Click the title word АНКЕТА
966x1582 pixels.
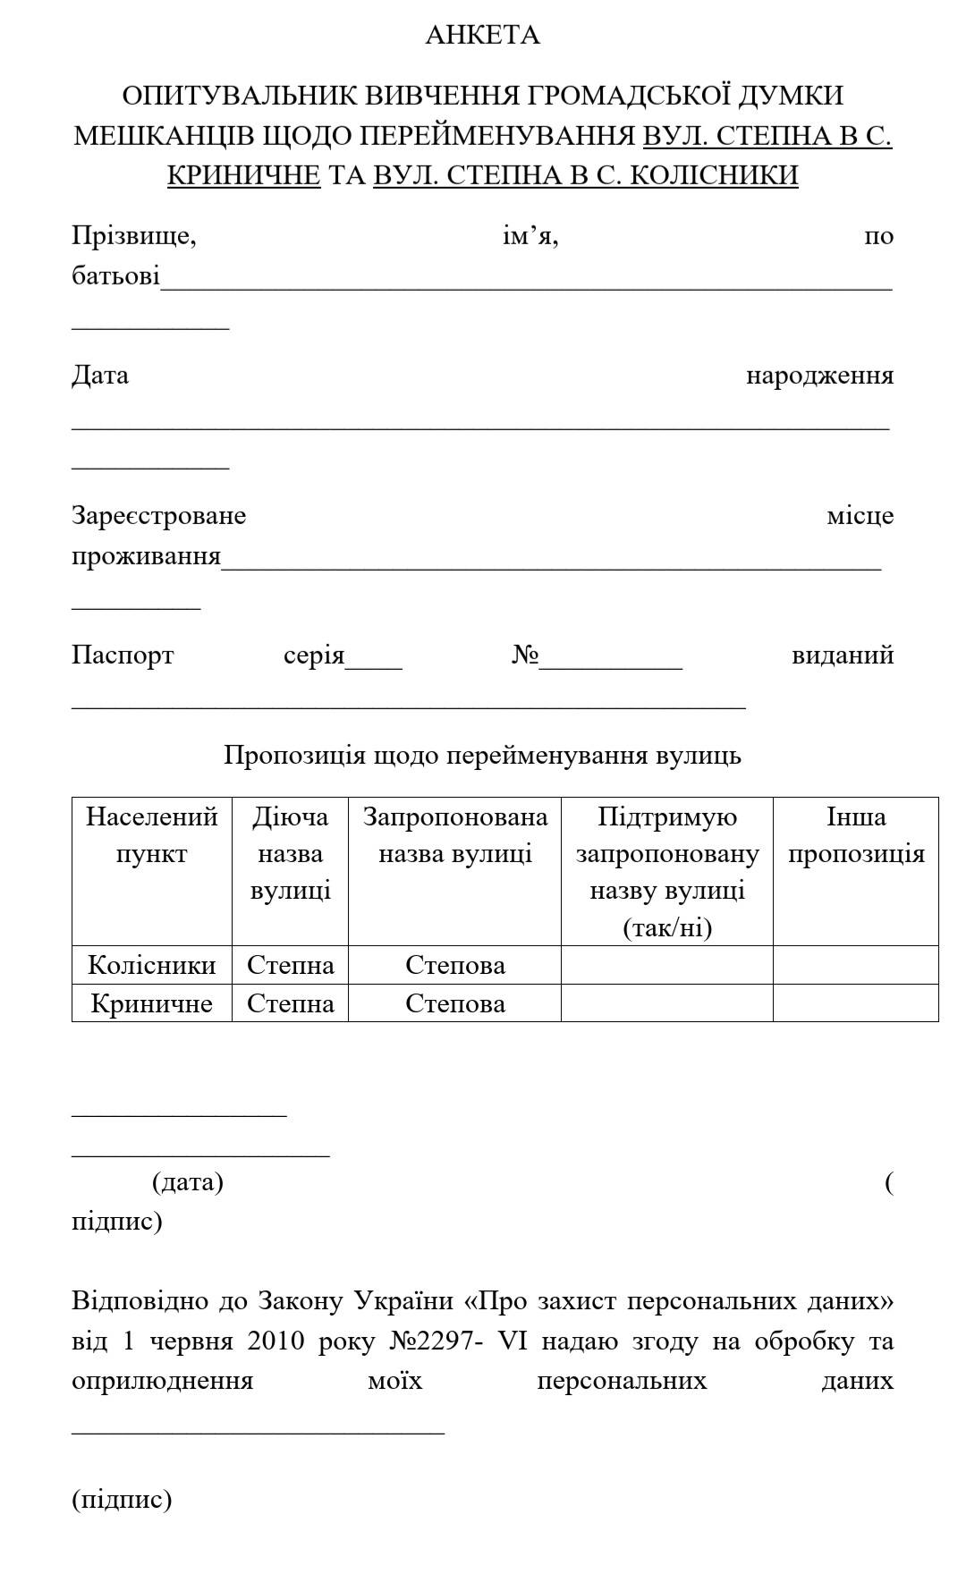pyautogui.click(x=482, y=35)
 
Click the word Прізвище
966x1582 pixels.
pyautogui.click(x=134, y=236)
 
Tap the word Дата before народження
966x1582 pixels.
pyautogui.click(x=100, y=375)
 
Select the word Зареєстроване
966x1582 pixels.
pyautogui.click(x=158, y=516)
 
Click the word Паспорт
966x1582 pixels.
pyautogui.click(x=123, y=656)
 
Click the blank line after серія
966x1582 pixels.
pyautogui.click(x=374, y=662)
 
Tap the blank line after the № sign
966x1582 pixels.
pyautogui.click(x=611, y=662)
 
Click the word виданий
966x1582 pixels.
pyautogui.click(x=843, y=656)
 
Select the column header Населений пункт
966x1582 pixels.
pyautogui.click(x=152, y=835)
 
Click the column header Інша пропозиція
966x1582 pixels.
pyautogui.click(x=856, y=835)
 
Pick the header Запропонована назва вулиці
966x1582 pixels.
pyautogui.click(x=455, y=835)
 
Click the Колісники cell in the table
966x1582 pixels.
pyautogui.click(x=152, y=965)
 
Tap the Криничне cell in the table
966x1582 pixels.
pyautogui.click(x=152, y=1003)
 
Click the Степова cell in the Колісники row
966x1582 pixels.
pyautogui.click(x=455, y=965)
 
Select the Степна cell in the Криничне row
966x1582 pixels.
pyautogui.click(x=291, y=1003)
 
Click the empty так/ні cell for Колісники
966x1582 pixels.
pyautogui.click(x=667, y=965)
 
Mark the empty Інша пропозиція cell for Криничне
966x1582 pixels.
pyautogui.click(x=856, y=1003)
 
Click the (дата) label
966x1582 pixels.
pyautogui.click(x=188, y=1182)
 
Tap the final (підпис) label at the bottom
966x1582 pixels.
pyautogui.click(x=122, y=1499)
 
